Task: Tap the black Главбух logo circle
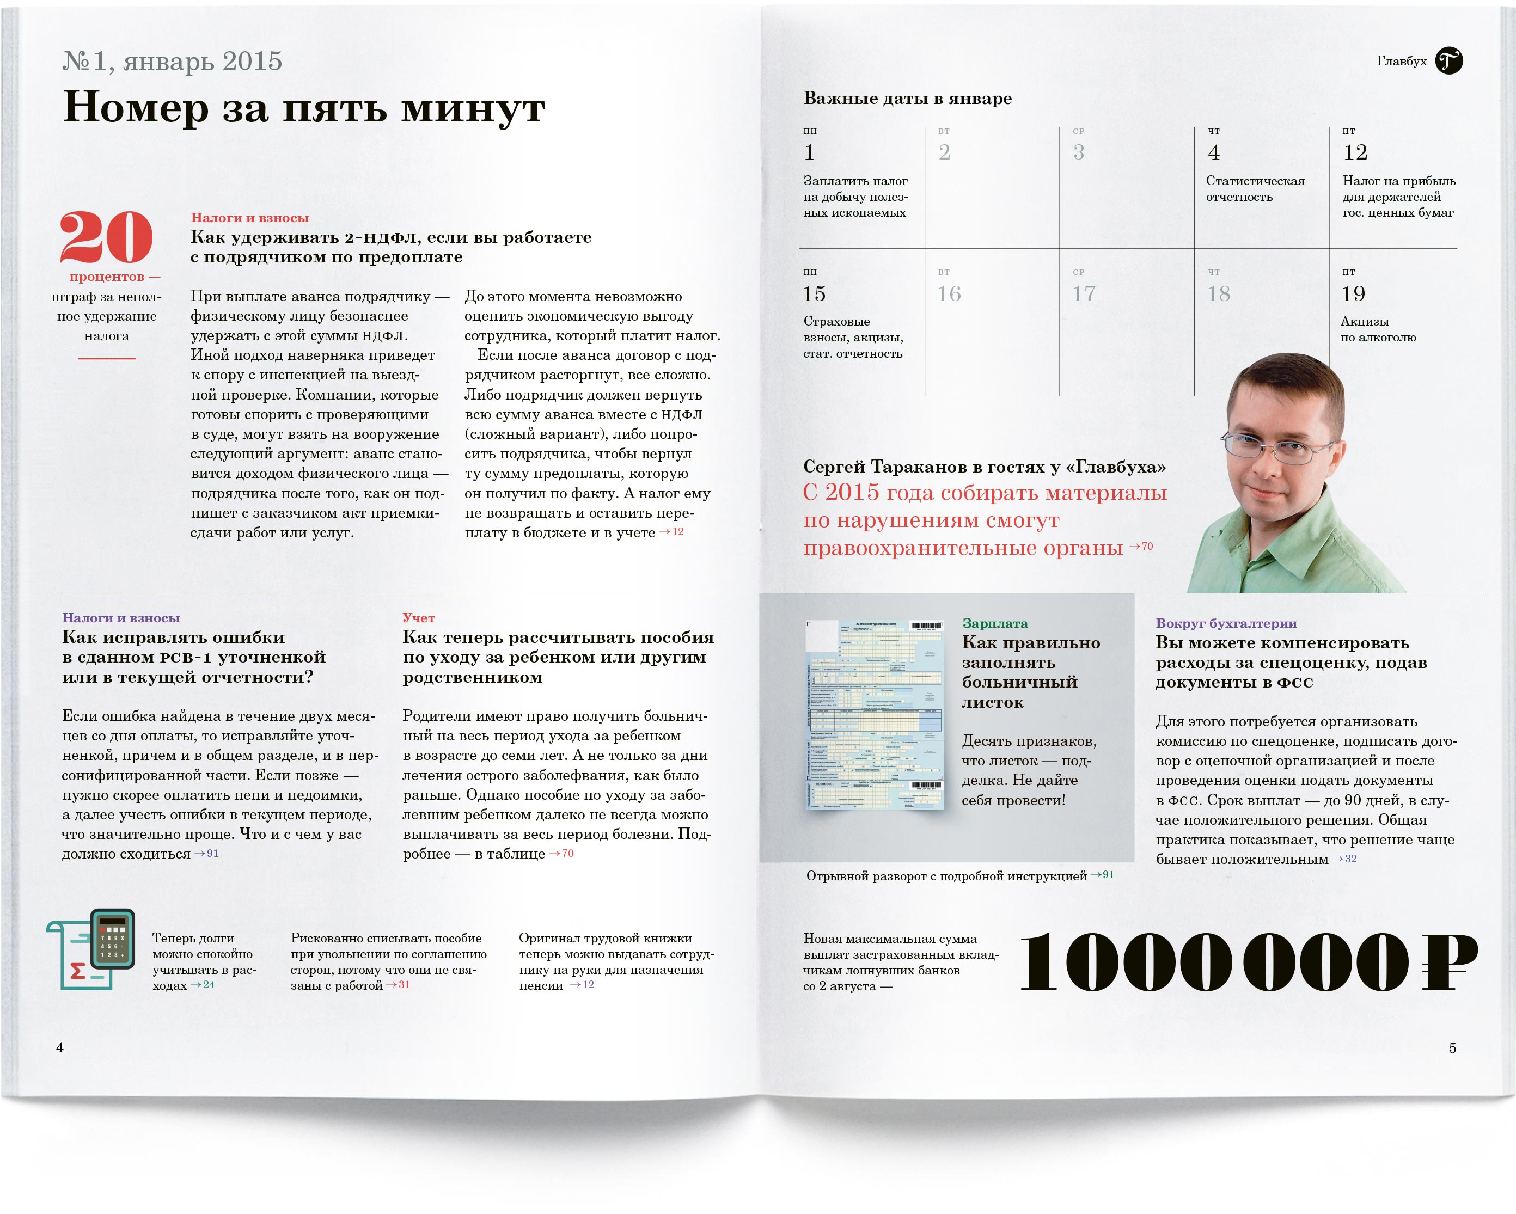coord(1448,61)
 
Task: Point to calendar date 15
coord(814,294)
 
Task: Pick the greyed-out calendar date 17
coord(1084,294)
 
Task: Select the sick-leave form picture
coord(874,714)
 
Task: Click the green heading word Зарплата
coord(994,623)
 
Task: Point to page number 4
coord(60,1047)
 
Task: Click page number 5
coord(1452,1048)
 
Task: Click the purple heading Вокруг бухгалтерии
coord(1226,623)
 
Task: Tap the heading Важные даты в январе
coord(907,99)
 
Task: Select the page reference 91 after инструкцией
coord(1108,875)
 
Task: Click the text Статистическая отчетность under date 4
coord(1255,189)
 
